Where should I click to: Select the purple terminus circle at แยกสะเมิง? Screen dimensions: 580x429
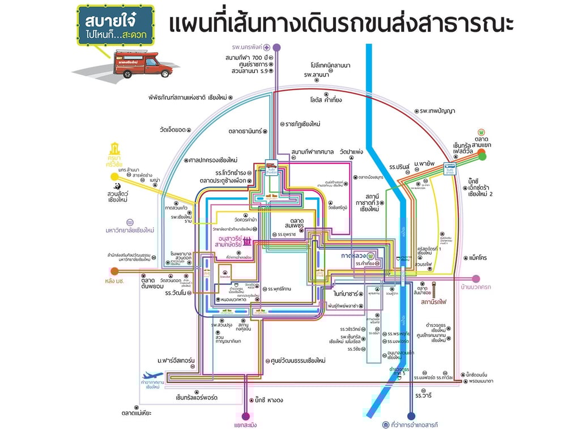tap(245, 416)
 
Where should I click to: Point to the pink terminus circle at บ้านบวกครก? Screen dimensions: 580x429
tap(476, 278)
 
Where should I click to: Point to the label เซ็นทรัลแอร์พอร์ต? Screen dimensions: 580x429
tap(197, 398)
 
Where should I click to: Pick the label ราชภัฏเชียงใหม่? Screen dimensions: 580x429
tap(300, 124)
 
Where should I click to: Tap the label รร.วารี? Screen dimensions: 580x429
tap(424, 394)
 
